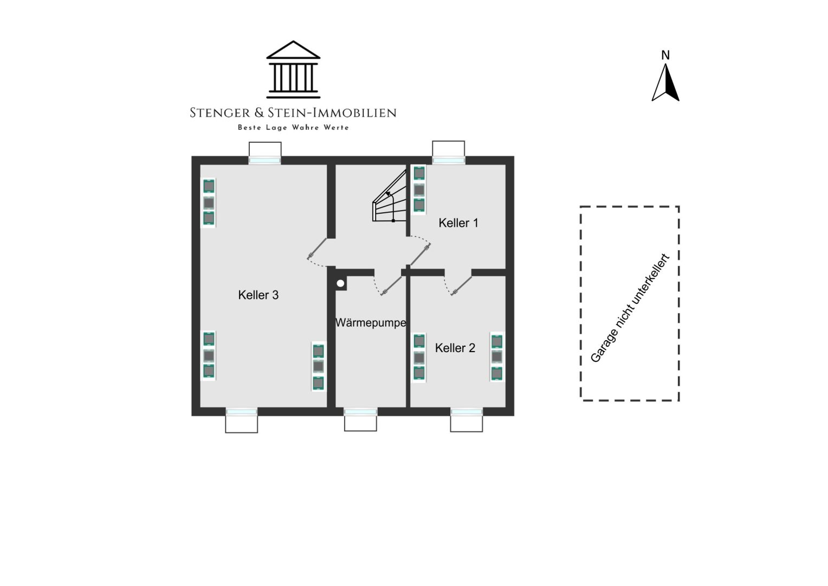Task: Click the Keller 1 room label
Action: click(458, 223)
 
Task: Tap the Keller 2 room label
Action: click(455, 348)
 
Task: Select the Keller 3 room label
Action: click(258, 295)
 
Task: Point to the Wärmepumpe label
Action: click(371, 323)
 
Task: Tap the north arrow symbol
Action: click(665, 82)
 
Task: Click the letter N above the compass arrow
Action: click(665, 55)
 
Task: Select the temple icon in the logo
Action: click(293, 69)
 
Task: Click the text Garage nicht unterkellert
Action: click(630, 308)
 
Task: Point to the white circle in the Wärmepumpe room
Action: click(340, 284)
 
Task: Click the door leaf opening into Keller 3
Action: click(317, 249)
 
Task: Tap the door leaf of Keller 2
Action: click(461, 286)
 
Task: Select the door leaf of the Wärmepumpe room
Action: click(391, 286)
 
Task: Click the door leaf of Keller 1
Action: click(419, 255)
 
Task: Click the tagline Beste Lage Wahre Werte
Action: click(293, 128)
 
